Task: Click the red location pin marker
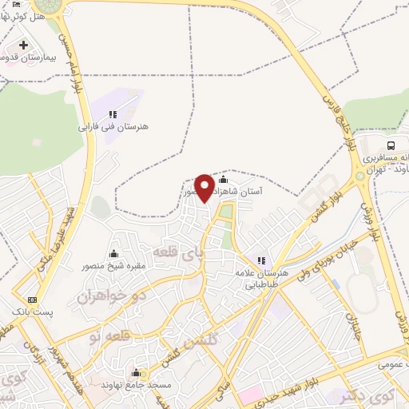[204, 188]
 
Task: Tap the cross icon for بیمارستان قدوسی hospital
[24, 45]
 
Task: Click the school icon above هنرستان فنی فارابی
[113, 114]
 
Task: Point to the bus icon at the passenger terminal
[391, 145]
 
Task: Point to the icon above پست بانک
[31, 299]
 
